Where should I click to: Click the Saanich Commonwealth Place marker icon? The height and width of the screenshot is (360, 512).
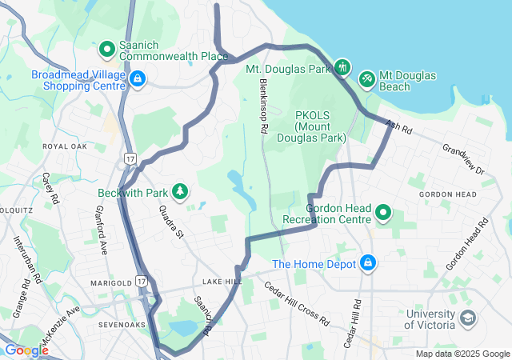[x=106, y=50]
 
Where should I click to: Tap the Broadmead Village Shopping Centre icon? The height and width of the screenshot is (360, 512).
[x=138, y=78]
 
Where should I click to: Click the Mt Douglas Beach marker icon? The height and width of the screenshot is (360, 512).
[x=366, y=79]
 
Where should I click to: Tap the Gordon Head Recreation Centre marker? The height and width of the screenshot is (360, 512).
[x=384, y=213]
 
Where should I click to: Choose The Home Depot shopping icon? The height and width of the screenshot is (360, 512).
[x=368, y=262]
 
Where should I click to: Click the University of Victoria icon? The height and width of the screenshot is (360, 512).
[x=466, y=319]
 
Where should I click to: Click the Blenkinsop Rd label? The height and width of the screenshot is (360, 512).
[x=262, y=108]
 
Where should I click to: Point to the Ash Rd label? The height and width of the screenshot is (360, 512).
[x=397, y=126]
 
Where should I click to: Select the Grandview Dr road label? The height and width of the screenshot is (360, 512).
[x=463, y=159]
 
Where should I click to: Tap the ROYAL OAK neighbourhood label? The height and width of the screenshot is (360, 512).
[x=65, y=147]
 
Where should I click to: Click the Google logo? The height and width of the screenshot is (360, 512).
[x=26, y=350]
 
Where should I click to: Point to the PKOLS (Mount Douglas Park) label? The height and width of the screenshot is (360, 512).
[x=320, y=126]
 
